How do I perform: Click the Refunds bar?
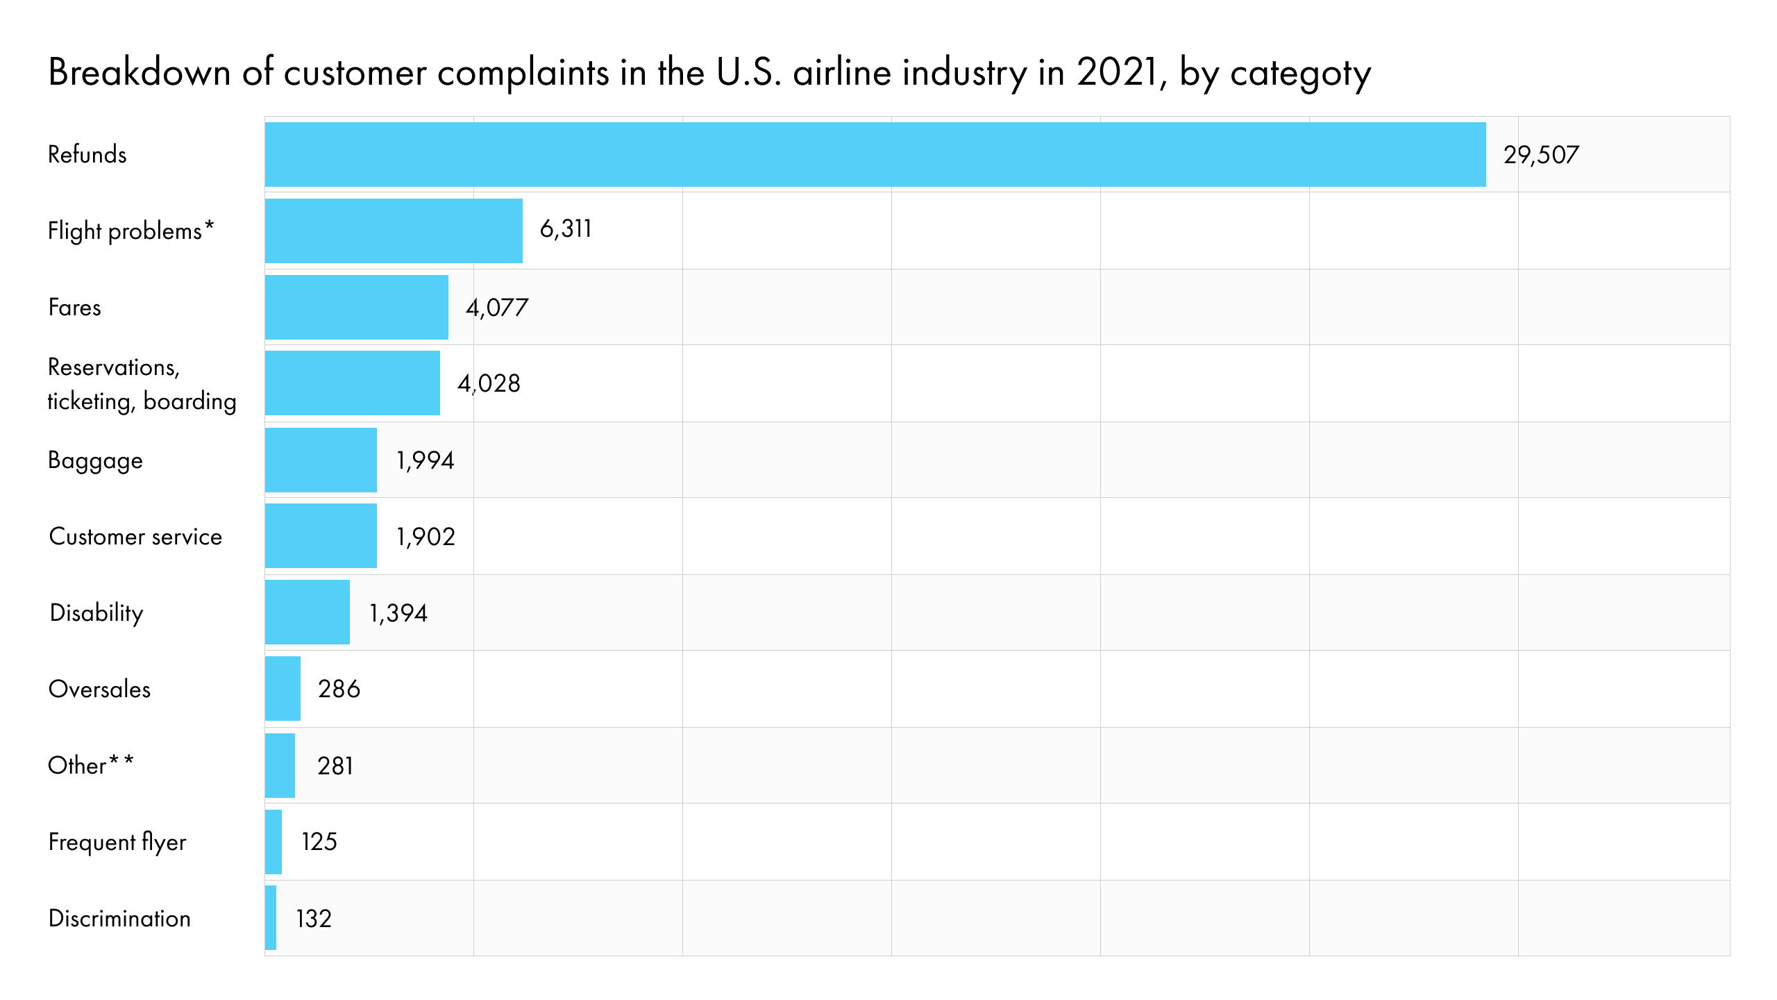click(875, 154)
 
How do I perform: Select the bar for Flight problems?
click(394, 231)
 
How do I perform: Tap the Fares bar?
click(356, 307)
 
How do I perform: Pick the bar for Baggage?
click(321, 460)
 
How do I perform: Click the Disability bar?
click(307, 612)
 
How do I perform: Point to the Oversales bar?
click(283, 688)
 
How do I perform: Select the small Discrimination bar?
click(271, 917)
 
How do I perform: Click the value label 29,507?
click(1541, 154)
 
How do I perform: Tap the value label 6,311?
click(566, 228)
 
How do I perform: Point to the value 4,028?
click(489, 383)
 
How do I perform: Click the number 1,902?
click(426, 536)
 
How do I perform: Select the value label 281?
click(335, 765)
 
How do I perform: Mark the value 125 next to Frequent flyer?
click(319, 842)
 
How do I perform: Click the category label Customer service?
click(135, 536)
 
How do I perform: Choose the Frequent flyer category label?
click(117, 842)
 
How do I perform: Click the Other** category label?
click(90, 765)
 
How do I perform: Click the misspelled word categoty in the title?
click(1300, 73)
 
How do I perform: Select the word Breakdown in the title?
click(139, 72)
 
